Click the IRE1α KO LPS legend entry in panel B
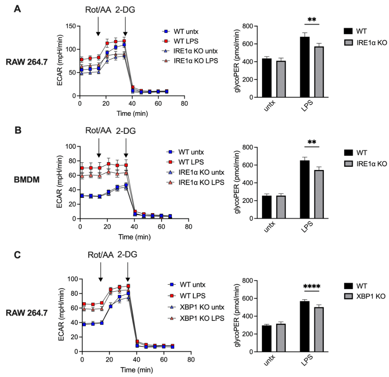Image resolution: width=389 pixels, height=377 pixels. click(194, 183)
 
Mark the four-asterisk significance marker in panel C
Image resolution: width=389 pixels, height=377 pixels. click(312, 286)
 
